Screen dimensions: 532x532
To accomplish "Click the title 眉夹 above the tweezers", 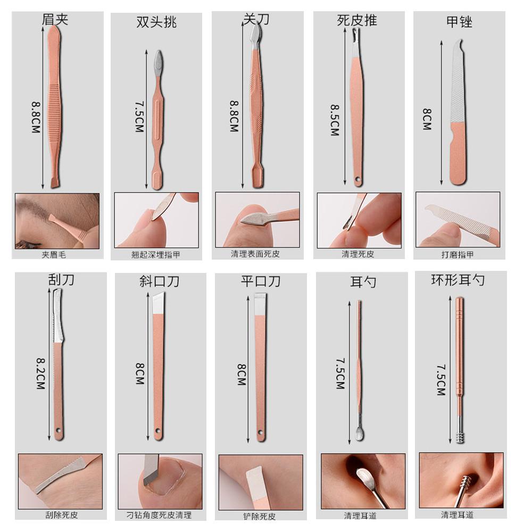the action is [x=55, y=19].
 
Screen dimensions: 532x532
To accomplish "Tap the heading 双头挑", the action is [x=156, y=22].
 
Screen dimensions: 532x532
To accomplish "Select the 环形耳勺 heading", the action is [x=458, y=280].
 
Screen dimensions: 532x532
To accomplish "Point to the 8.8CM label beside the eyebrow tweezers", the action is [x=36, y=118].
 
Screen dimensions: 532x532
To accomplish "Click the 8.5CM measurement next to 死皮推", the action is [x=335, y=120].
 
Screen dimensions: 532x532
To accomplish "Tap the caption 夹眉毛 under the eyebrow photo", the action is [x=54, y=254].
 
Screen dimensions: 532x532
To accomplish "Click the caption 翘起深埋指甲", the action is [x=156, y=255].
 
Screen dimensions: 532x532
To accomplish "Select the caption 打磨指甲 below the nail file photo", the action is [x=458, y=254].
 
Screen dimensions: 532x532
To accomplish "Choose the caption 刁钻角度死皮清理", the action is [x=159, y=515].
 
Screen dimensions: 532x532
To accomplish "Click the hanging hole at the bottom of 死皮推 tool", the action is [x=357, y=178].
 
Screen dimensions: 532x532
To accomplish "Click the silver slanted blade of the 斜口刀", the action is [x=159, y=304].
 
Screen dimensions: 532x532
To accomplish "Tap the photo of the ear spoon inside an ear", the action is [x=363, y=481].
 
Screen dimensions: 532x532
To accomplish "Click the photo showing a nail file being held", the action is [x=458, y=220].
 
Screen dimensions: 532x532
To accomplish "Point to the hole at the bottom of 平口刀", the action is [x=261, y=433].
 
